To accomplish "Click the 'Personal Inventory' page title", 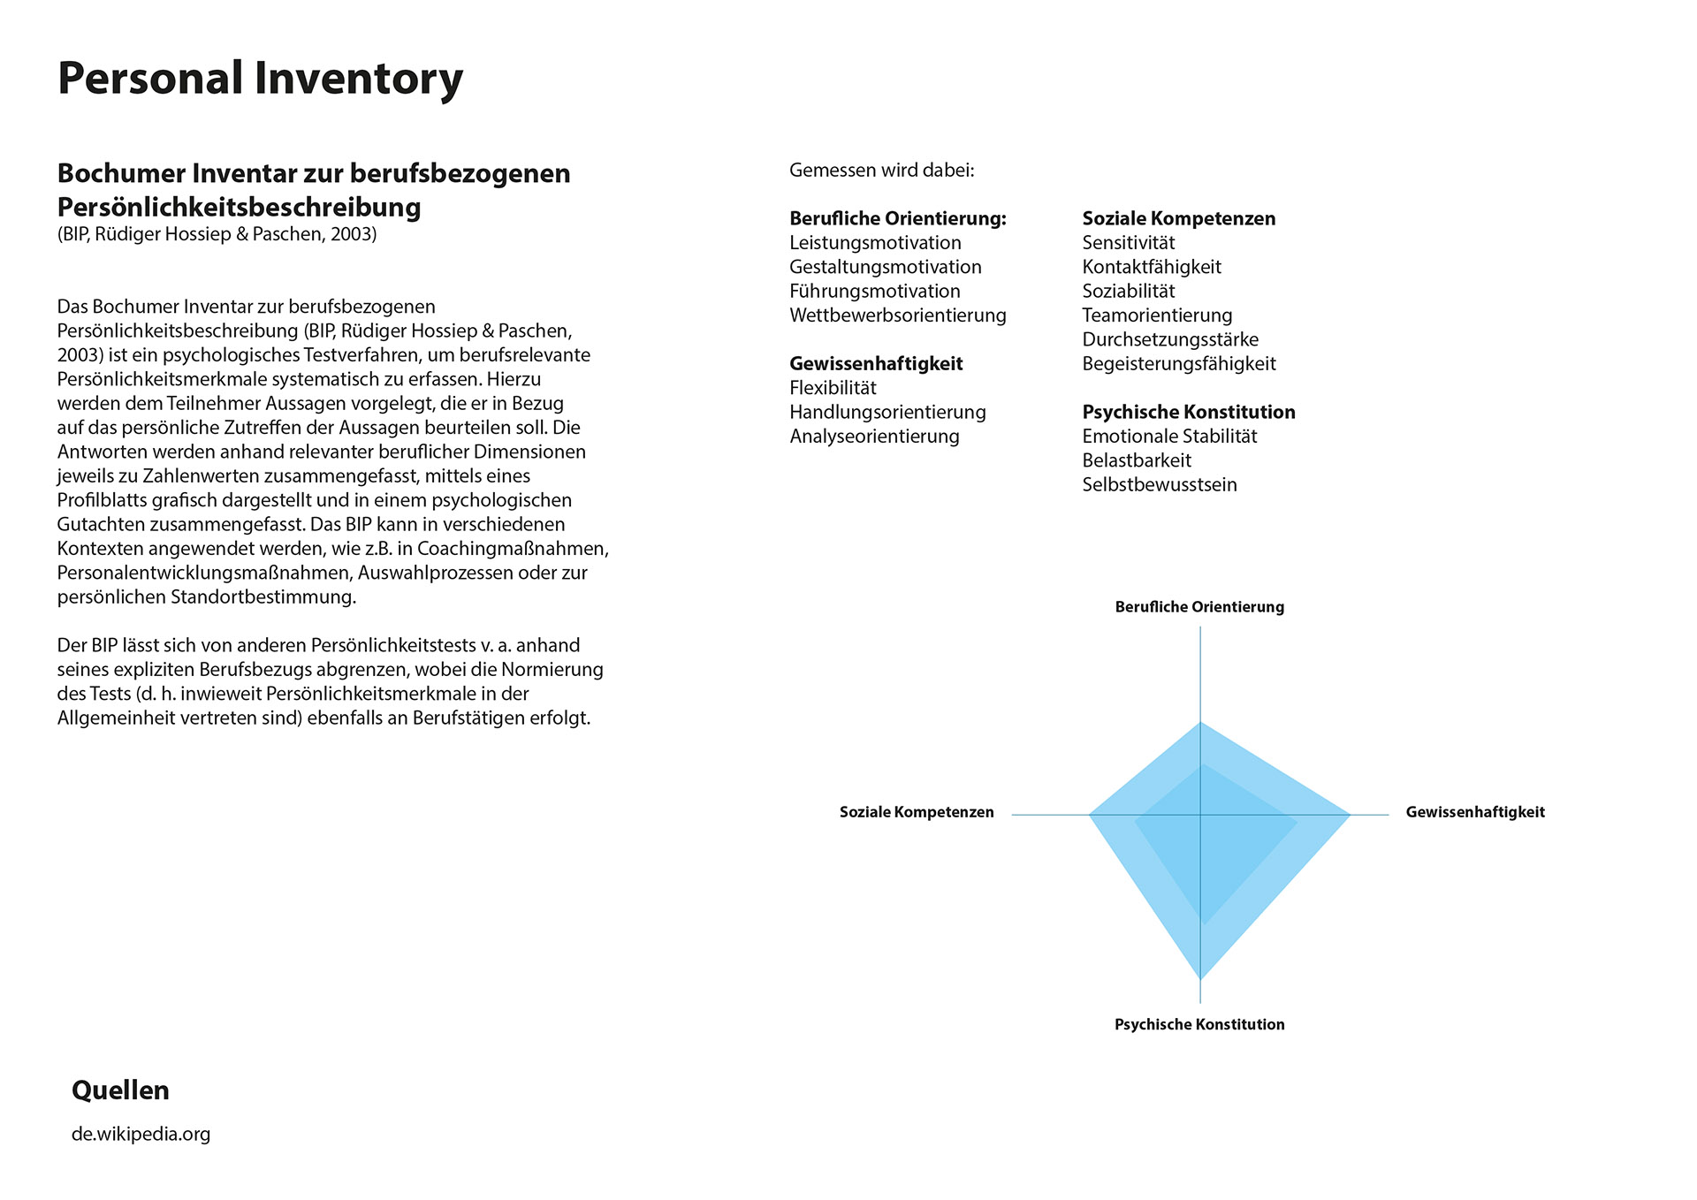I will point(260,79).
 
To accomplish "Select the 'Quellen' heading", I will point(120,1090).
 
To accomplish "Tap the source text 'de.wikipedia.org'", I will point(141,1134).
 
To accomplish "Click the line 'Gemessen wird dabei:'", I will point(881,171).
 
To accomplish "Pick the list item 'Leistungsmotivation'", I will point(875,243).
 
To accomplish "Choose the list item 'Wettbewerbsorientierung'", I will point(897,315).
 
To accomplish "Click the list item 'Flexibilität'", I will point(833,388).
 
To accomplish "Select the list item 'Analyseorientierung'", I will point(874,437).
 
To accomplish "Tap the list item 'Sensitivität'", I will point(1128,243).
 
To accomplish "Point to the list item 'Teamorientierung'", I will point(1157,315).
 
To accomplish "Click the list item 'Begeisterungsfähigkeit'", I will point(1178,364).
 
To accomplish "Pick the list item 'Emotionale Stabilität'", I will point(1168,437).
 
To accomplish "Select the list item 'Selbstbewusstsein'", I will point(1159,485).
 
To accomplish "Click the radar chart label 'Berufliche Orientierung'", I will point(1199,607).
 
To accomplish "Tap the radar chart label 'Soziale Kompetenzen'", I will point(917,812).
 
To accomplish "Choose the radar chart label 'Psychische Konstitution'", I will point(1199,1025).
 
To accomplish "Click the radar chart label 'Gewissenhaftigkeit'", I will point(1474,812).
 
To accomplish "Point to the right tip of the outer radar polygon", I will point(1350,815).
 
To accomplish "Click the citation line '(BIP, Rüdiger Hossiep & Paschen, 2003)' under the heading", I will point(217,234).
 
